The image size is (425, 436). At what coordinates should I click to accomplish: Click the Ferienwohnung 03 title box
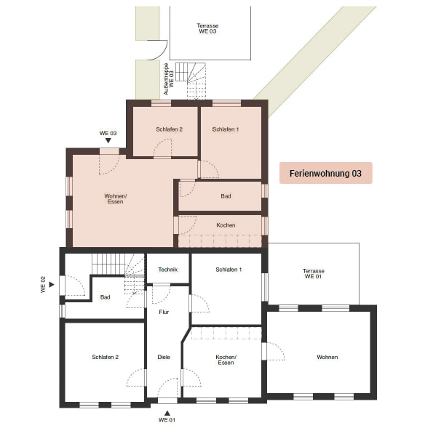[x=325, y=173]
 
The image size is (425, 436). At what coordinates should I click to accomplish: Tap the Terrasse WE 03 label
[x=207, y=28]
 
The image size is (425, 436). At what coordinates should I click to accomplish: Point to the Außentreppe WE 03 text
[x=169, y=79]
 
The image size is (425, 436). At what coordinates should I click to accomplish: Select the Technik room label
[x=167, y=270]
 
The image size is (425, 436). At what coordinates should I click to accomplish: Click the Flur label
[x=164, y=312]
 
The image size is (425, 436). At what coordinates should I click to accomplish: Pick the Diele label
[x=164, y=357]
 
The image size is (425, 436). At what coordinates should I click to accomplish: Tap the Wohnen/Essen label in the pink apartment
[x=115, y=198]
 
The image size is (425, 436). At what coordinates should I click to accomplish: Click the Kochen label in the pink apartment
[x=226, y=225]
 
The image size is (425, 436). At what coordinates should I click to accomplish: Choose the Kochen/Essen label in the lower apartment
[x=226, y=360]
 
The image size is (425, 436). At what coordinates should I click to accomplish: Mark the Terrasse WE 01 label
[x=314, y=273]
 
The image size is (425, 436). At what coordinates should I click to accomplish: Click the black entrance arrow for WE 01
[x=167, y=413]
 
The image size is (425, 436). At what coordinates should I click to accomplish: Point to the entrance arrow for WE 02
[x=52, y=284]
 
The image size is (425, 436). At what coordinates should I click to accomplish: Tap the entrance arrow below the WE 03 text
[x=108, y=141]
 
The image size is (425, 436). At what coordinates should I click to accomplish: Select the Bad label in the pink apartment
[x=226, y=196]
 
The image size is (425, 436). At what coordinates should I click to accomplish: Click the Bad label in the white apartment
[x=105, y=297]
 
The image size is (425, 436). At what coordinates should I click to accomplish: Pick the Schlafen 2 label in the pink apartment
[x=169, y=129]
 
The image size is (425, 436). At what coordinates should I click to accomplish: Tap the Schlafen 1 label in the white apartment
[x=229, y=270]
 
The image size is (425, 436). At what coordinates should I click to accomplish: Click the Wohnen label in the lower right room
[x=327, y=357]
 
